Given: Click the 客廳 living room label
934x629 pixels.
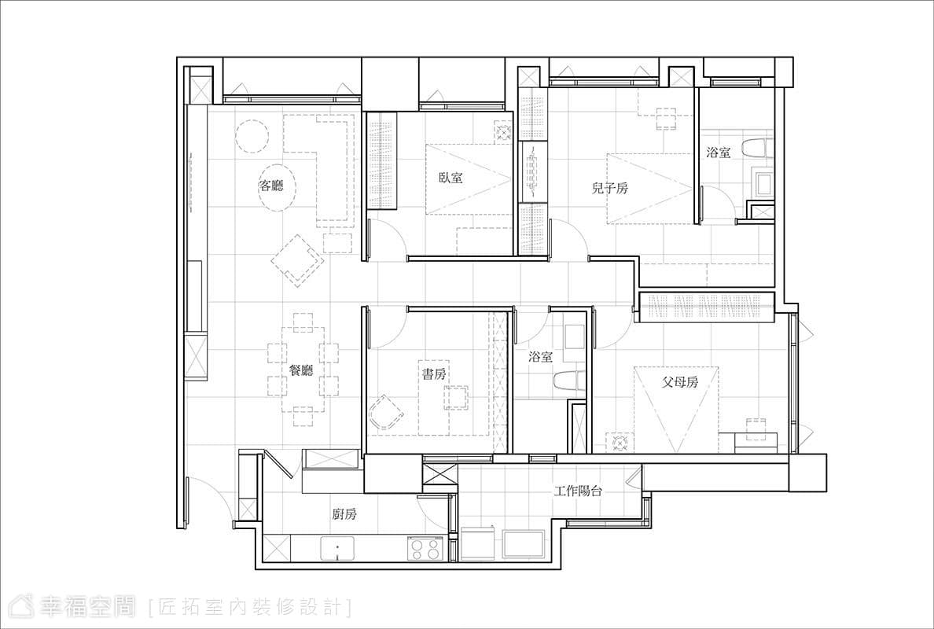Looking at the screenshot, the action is pyautogui.click(x=271, y=186).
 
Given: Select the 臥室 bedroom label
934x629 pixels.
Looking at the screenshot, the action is pyautogui.click(x=450, y=177).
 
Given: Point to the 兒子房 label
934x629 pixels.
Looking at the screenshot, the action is pyautogui.click(x=609, y=189).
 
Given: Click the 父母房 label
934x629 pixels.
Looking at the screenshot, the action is pyautogui.click(x=679, y=382).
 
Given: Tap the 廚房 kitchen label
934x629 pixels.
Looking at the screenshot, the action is pyautogui.click(x=344, y=514).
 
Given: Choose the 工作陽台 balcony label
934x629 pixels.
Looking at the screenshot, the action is pyautogui.click(x=578, y=491).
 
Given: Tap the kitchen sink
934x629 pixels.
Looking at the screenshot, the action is pyautogui.click(x=338, y=549).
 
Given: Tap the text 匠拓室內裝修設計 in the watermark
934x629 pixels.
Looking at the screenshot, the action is pyautogui.click(x=249, y=607).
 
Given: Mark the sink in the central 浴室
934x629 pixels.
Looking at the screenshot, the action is pyautogui.click(x=574, y=337).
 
